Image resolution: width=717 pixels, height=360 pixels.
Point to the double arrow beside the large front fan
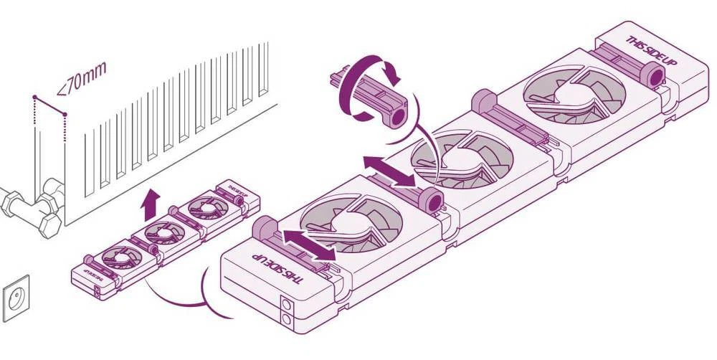[308, 245]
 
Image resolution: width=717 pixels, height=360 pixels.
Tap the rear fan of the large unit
[574, 93]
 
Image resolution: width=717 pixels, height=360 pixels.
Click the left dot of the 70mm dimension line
[34, 96]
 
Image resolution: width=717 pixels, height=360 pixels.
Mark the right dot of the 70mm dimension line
[65, 113]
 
